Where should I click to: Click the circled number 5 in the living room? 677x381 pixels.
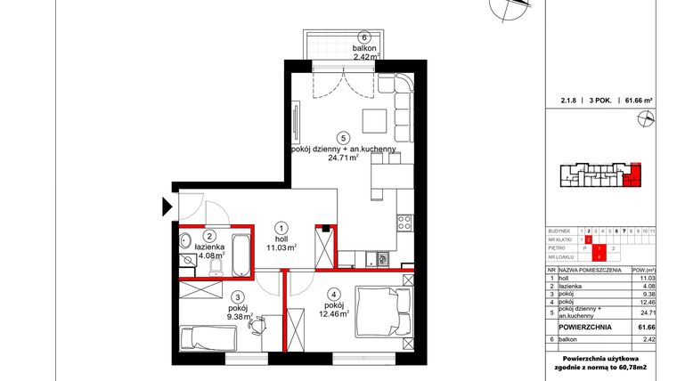pyautogui.click(x=317, y=137)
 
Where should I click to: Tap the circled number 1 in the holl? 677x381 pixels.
pyautogui.click(x=281, y=227)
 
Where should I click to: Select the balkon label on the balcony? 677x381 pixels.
pyautogui.click(x=363, y=48)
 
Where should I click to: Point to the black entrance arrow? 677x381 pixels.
pyautogui.click(x=167, y=207)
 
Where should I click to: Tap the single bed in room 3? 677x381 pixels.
pyautogui.click(x=207, y=339)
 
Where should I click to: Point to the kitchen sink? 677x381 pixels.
pyautogui.click(x=381, y=260)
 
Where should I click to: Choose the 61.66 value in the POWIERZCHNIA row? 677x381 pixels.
pyautogui.click(x=647, y=328)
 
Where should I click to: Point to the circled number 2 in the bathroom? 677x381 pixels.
pyautogui.click(x=208, y=237)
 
